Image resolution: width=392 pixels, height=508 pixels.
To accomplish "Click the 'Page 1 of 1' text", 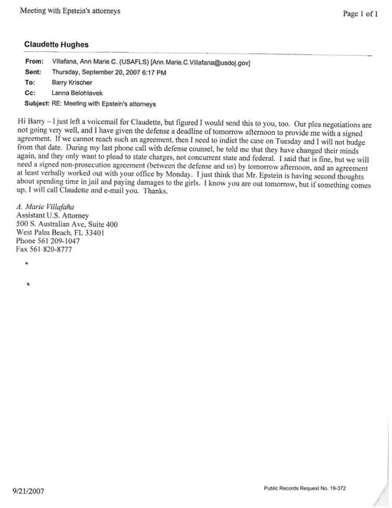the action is coord(360,14).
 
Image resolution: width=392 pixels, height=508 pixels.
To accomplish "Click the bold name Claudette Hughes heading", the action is coord(56,45).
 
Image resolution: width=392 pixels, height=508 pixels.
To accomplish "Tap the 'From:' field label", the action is coord(34,61).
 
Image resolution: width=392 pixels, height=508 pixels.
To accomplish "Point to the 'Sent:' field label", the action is coord(34,71).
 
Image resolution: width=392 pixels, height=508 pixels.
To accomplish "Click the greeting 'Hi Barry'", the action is coord(31,123).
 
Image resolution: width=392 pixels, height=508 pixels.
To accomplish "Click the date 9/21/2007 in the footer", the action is coord(28,491).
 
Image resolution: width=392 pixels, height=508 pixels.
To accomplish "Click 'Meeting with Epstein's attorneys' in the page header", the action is coord(70,11).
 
